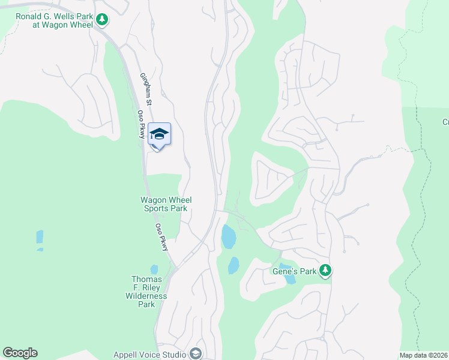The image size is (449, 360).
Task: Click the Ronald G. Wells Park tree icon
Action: pos(102,20)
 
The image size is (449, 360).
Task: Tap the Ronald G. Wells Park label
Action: pos(53,20)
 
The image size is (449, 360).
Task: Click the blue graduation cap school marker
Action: pos(159,134)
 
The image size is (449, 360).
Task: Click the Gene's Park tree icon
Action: pos(325,271)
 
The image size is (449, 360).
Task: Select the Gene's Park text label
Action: pos(299,271)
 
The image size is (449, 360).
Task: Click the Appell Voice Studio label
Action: pos(150,354)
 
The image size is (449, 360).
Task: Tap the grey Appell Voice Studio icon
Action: pos(195,354)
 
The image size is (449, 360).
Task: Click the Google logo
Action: pos(20,353)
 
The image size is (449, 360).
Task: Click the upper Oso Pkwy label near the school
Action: pos(142,125)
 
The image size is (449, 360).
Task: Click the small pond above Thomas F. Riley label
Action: pos(154,269)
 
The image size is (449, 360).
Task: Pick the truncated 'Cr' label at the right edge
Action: pos(445,122)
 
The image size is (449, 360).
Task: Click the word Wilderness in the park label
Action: pos(146,296)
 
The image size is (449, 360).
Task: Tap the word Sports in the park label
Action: pos(157,208)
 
